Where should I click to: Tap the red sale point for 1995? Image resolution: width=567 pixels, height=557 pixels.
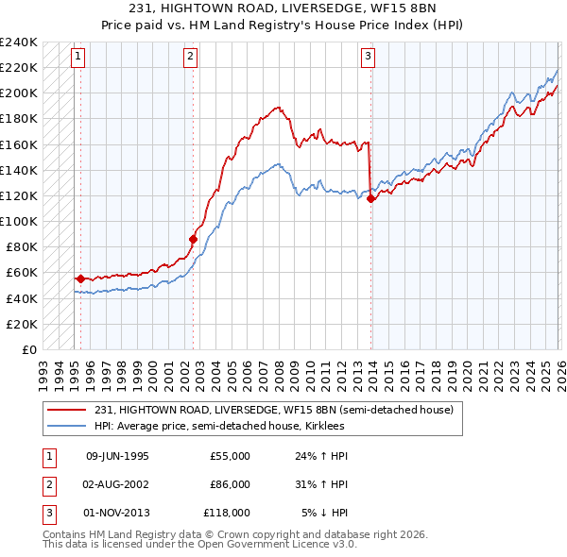click(80, 278)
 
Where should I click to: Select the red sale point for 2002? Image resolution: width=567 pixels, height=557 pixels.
click(193, 239)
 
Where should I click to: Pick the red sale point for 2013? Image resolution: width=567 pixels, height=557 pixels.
click(370, 198)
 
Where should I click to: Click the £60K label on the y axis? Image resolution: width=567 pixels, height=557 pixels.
click(21, 272)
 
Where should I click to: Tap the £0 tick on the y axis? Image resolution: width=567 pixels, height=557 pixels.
click(28, 349)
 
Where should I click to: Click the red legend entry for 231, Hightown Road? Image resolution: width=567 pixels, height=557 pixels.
click(274, 410)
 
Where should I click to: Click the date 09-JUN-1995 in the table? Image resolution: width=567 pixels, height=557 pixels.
click(117, 456)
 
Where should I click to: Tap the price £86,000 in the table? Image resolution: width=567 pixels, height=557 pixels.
click(230, 484)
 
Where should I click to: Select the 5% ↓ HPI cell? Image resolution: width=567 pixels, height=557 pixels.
click(325, 513)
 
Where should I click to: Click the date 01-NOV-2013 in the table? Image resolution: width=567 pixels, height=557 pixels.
click(117, 513)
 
